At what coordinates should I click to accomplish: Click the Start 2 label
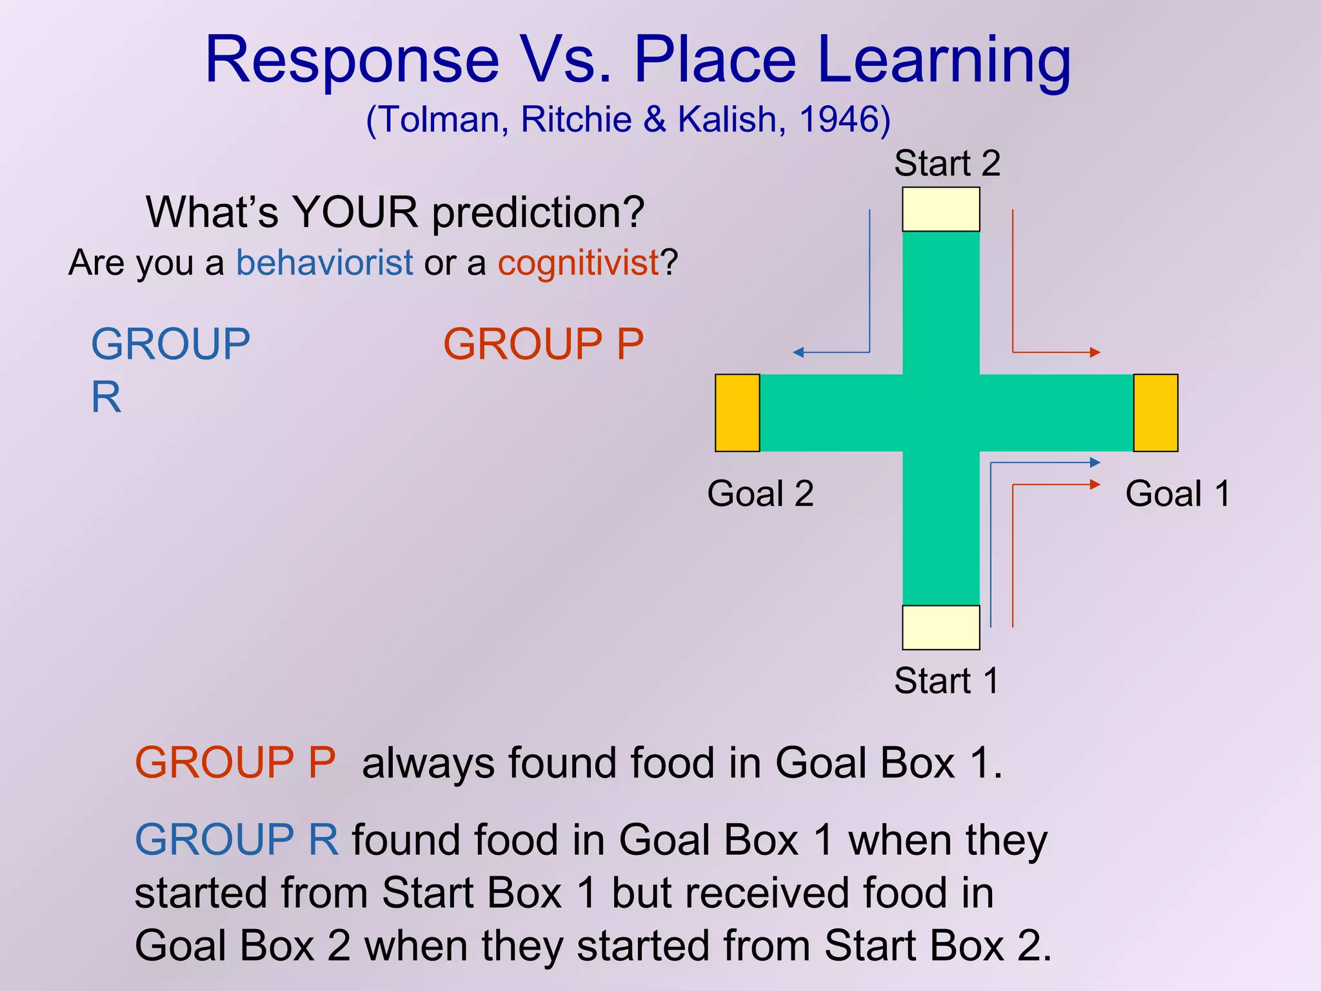pos(946,163)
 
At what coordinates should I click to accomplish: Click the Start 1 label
pos(946,681)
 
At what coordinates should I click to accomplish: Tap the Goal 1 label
pos(1178,494)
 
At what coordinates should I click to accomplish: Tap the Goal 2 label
pos(760,494)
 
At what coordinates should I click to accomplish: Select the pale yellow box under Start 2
pos(940,209)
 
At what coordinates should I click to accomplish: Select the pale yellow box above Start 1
pos(940,627)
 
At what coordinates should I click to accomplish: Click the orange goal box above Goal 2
pos(737,413)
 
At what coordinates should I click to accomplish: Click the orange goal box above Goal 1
pos(1155,413)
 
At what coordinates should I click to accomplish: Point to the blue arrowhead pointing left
pos(798,352)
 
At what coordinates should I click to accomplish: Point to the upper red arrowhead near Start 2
pos(1095,352)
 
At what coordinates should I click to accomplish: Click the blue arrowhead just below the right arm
pos(1095,462)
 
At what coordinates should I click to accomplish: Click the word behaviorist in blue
pos(324,263)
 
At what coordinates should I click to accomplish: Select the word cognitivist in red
pos(579,263)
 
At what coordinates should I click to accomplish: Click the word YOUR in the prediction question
pos(355,212)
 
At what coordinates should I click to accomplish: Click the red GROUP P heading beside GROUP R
pos(543,344)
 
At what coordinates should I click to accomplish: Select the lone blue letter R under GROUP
pos(106,397)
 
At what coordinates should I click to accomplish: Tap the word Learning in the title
pos(944,59)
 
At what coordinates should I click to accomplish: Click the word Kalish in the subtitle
pos(727,119)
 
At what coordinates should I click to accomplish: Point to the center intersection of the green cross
pos(940,413)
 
